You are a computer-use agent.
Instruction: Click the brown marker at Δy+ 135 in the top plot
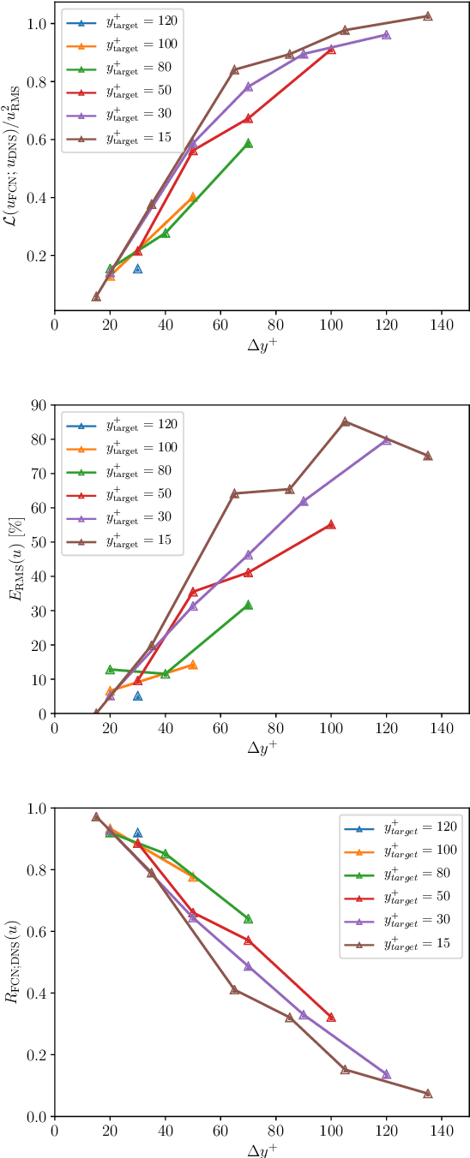(x=427, y=16)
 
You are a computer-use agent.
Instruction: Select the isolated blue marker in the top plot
(x=137, y=269)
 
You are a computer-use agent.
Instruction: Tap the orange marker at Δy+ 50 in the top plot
(x=193, y=198)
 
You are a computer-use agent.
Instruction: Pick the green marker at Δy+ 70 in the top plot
(x=248, y=143)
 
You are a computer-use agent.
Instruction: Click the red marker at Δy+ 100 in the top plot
(x=331, y=50)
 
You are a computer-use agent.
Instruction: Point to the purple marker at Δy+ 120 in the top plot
(x=386, y=35)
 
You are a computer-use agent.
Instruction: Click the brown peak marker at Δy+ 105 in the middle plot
(x=345, y=421)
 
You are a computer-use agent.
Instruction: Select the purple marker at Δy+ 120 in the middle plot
(x=386, y=439)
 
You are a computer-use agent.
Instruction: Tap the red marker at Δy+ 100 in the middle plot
(x=331, y=524)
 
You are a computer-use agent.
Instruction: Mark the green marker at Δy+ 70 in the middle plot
(x=248, y=605)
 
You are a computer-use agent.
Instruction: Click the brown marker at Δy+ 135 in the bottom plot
(x=427, y=1094)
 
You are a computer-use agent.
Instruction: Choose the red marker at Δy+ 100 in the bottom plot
(x=331, y=1018)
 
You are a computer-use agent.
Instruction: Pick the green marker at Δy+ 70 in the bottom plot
(x=248, y=918)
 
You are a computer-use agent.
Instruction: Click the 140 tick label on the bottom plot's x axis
(x=441, y=1131)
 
